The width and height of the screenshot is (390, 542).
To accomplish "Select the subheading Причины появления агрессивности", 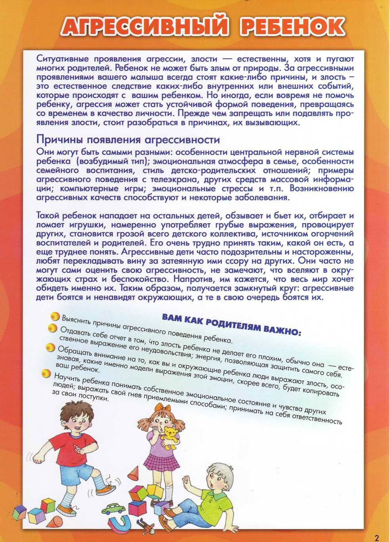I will coord(128,139).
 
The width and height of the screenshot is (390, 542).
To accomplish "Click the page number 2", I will coord(377,538).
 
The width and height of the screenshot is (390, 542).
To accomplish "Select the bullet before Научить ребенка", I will coord(46,373).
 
